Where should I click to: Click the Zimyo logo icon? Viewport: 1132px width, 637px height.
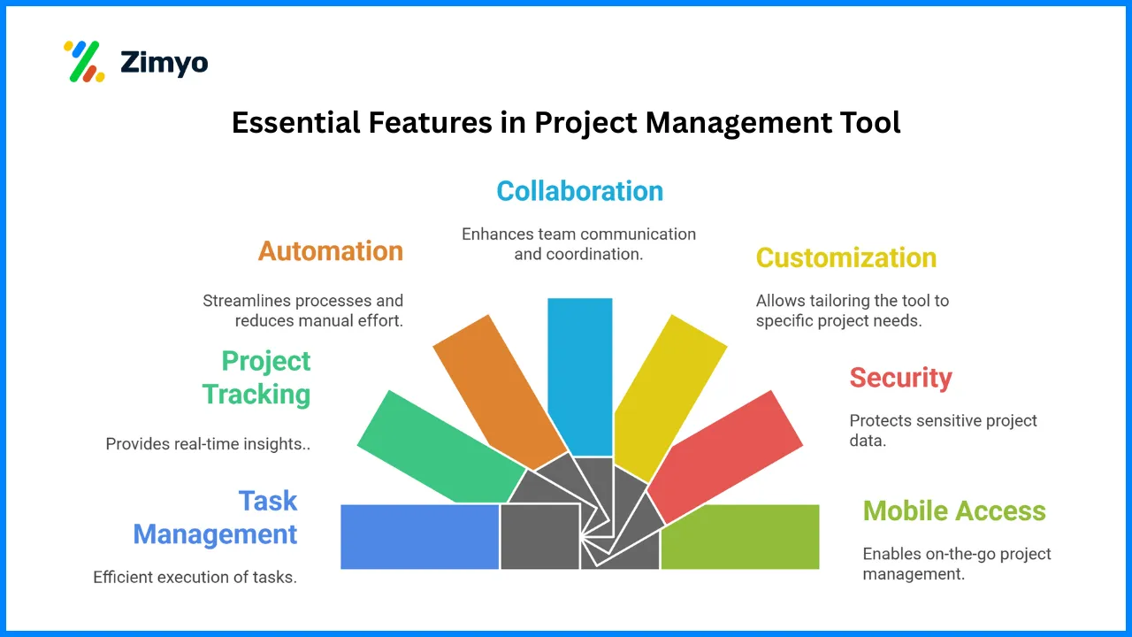coord(84,61)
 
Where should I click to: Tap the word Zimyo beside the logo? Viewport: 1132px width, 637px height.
coord(164,63)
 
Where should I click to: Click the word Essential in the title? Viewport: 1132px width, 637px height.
coord(295,122)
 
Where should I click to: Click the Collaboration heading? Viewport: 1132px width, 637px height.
coord(579,191)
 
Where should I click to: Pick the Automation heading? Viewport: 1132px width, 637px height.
coord(331,251)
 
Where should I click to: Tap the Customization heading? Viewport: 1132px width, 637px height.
coord(846,257)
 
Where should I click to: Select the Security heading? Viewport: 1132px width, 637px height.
coord(900,378)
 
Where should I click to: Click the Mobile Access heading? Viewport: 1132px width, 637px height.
coord(954,511)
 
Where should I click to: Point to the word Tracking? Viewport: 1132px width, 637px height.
coord(256,395)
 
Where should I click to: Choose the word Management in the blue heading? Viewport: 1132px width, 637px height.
coord(215,534)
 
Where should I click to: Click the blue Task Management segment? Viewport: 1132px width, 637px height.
coord(419,537)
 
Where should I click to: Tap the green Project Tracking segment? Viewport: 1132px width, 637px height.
coord(440,449)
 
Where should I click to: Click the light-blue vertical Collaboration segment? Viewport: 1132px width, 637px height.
coord(580,377)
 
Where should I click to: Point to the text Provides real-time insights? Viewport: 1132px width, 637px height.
coord(208,444)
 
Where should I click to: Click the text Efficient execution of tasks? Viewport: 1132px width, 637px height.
coord(195,578)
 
